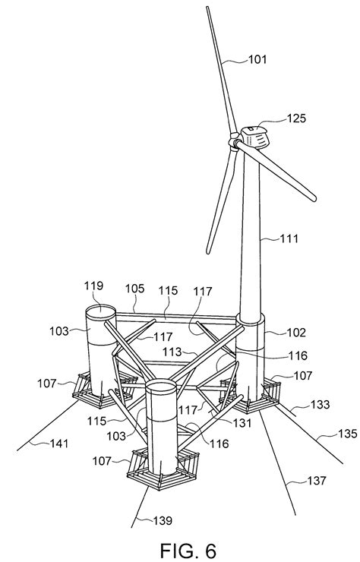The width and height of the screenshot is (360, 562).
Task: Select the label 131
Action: (242, 424)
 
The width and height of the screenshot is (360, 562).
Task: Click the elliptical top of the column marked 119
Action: (99, 312)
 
